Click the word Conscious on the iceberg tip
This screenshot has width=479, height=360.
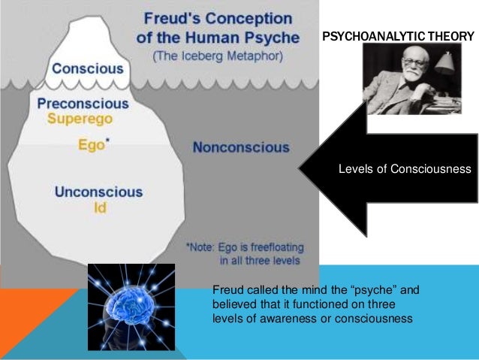pyautogui.click(x=87, y=68)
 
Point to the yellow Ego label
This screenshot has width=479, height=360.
pyautogui.click(x=91, y=146)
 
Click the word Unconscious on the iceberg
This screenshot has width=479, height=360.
pyautogui.click(x=98, y=192)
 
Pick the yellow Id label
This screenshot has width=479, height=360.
pyautogui.click(x=99, y=207)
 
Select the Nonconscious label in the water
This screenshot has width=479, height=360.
pyautogui.click(x=240, y=147)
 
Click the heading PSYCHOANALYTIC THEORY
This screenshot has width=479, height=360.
pyautogui.click(x=399, y=36)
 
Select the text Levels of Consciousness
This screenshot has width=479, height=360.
pyautogui.click(x=405, y=169)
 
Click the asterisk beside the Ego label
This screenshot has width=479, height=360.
pyautogui.click(x=107, y=141)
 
